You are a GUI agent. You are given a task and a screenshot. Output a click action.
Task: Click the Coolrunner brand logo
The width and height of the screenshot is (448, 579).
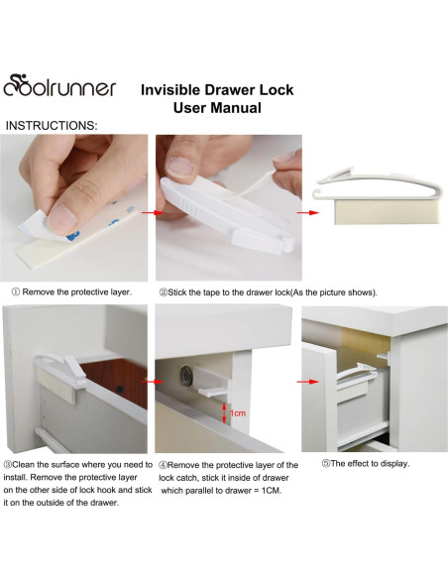pos(59,85)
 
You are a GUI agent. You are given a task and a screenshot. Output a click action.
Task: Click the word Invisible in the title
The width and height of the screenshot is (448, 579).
pos(170,90)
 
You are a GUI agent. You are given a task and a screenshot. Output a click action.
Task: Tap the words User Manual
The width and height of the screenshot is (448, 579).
pos(217,108)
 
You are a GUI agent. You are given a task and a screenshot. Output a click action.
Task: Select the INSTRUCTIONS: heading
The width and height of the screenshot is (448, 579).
pos(52,126)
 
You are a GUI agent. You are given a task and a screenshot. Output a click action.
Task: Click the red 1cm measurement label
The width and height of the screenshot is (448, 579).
pos(238,413)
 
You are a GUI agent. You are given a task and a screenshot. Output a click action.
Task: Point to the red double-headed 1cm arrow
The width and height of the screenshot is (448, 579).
pos(224,412)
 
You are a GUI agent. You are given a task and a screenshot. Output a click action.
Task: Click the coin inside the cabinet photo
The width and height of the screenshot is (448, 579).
pos(186,377)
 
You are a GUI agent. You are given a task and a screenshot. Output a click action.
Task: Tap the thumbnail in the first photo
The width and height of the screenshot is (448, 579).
pos(62,218)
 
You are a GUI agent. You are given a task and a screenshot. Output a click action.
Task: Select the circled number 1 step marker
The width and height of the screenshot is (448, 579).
pos(16,292)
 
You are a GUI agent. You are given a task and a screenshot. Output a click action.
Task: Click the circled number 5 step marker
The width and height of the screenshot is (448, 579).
pos(325,464)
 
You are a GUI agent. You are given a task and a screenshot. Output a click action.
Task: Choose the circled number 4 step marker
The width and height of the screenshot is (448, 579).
pos(163,465)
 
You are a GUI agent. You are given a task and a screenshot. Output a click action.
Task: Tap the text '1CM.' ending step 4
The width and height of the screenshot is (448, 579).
pos(274,491)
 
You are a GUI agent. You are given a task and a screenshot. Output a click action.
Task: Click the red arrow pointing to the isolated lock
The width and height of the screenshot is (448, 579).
pos(308,213)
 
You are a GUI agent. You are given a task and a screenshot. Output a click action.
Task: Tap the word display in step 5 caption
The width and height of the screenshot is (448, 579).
pos(397,464)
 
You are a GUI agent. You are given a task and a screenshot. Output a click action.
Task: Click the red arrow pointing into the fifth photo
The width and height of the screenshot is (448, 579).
pos(307,382)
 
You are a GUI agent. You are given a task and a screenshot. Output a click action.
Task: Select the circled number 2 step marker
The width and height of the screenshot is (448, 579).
pos(164,292)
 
